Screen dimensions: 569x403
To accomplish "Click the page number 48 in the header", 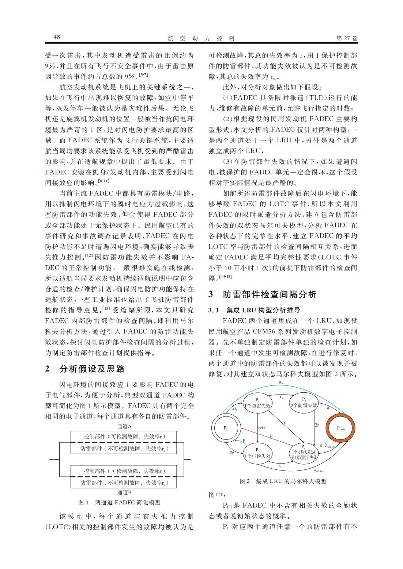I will (57, 38).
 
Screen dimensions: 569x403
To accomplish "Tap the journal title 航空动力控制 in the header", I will (201, 38).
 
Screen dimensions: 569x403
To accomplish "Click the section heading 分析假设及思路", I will (92, 369).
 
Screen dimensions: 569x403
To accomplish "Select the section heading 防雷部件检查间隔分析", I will (270, 295).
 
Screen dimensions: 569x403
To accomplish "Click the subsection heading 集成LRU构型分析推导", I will (263, 310).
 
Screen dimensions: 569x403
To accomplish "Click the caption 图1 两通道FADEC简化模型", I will (120, 503).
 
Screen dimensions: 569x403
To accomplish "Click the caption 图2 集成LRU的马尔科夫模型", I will (283, 481).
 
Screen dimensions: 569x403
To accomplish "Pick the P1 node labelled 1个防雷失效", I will (258, 403).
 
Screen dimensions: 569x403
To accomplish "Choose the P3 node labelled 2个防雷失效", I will (304, 403).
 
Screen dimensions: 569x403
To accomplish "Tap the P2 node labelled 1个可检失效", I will (258, 453).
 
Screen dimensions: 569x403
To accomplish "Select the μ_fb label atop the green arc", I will (281, 382).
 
